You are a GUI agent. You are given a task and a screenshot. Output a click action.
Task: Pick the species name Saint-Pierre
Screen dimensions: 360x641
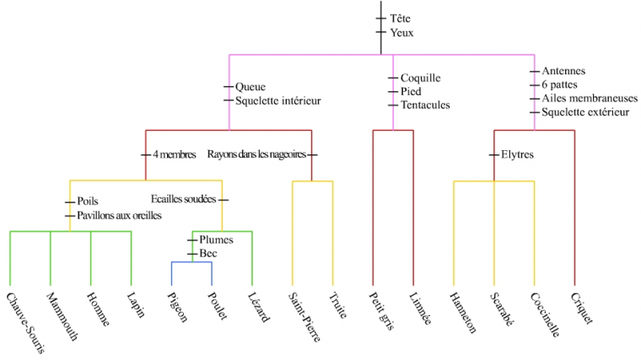point(301,317)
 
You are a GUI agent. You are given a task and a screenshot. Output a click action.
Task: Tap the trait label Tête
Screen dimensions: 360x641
point(401,18)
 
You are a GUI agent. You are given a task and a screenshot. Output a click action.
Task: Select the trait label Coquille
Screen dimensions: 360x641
point(421,78)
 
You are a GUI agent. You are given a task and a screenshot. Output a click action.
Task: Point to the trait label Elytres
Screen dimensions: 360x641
point(517,154)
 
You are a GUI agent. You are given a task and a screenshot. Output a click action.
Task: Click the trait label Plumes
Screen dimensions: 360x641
point(217,240)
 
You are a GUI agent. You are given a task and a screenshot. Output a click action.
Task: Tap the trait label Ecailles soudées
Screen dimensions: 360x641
point(183,200)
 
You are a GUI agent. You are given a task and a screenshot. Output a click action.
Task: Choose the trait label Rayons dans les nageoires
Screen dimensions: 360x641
point(256,154)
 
